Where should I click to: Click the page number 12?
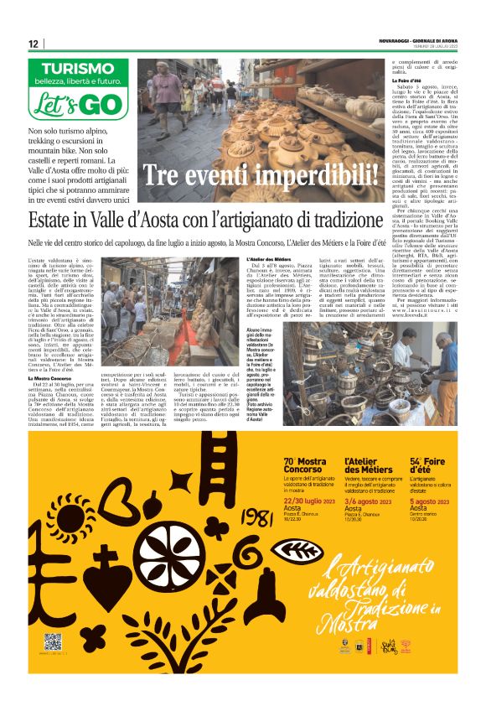(33, 44)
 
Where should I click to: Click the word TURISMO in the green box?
(78, 68)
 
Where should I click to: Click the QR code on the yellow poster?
(53, 641)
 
